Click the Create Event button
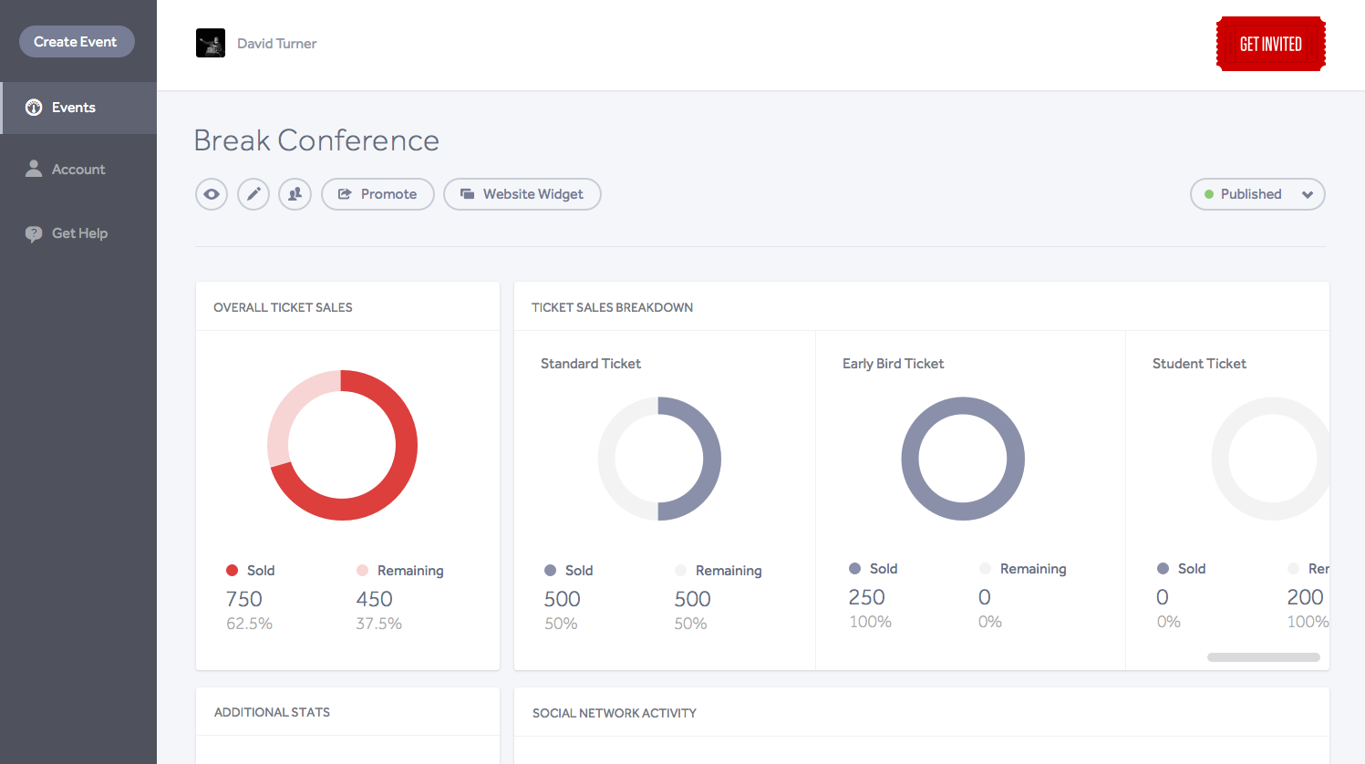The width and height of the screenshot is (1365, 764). coord(77,42)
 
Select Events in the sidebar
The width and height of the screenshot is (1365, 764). coord(73,108)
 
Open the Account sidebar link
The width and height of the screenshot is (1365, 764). coord(78,170)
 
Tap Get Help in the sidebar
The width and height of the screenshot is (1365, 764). coord(78,233)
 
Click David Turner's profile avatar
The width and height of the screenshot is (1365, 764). coord(211,44)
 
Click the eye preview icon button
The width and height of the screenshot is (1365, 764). coord(212,194)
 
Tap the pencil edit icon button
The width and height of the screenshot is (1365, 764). coord(253,194)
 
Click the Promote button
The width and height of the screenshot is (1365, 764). coord(377,194)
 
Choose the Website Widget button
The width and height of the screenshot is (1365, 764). coord(522,194)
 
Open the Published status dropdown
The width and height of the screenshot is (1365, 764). coord(1257,194)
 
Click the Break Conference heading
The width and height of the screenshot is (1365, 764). coord(316,140)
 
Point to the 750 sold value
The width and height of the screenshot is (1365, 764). coord(244,599)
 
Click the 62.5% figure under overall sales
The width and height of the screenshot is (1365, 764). coord(249,624)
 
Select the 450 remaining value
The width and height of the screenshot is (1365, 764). coord(374,599)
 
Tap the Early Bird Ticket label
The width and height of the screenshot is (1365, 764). coord(893,364)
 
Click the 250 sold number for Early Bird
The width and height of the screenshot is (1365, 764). coord(866,597)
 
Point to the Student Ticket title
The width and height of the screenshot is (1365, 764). coord(1199,364)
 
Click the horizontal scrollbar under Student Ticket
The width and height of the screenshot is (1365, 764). coord(1263,657)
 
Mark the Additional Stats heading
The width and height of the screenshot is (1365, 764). coord(272,713)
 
